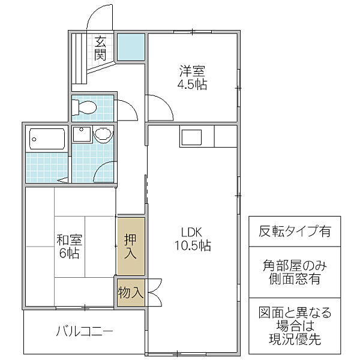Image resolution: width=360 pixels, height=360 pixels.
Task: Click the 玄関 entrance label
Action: tap(100, 48)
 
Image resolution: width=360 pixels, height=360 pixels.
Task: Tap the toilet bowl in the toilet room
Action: tap(84, 107)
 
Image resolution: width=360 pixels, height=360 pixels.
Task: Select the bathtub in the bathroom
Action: tap(47, 139)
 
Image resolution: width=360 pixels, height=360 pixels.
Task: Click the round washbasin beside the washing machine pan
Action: tap(103, 135)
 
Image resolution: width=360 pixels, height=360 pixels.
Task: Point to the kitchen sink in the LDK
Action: tap(192, 137)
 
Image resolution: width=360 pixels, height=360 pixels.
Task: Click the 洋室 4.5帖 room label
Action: tap(192, 77)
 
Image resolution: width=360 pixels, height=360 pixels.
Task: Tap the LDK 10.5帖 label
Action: tap(193, 239)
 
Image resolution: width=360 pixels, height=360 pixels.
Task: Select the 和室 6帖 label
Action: tap(69, 247)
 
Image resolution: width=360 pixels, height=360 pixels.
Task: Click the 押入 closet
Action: tap(131, 247)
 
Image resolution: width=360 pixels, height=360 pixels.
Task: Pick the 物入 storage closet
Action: tap(131, 293)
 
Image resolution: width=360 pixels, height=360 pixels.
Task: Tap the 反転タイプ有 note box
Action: tap(295, 231)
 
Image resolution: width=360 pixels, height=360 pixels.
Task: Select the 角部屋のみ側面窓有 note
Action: tap(295, 272)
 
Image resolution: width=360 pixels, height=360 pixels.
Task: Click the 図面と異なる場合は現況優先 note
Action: tap(295, 326)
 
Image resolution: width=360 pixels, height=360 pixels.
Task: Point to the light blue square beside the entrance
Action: tap(131, 47)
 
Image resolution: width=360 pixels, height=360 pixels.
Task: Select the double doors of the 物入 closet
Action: tap(155, 293)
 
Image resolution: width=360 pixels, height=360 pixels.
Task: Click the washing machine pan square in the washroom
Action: tap(82, 134)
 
